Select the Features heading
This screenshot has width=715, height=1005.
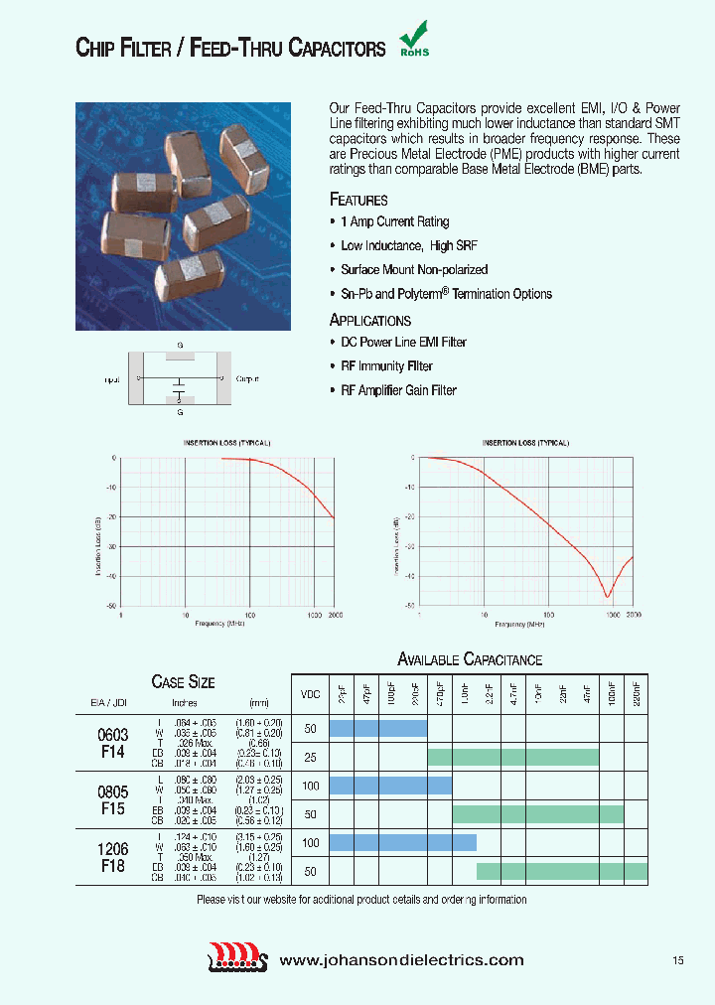(x=357, y=200)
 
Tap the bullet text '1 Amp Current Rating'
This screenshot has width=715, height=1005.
(x=395, y=222)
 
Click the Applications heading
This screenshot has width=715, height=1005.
(x=369, y=320)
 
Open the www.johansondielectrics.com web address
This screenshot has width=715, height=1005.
(x=401, y=960)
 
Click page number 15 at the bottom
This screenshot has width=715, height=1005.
(x=677, y=960)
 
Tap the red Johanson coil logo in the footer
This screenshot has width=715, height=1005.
(x=238, y=959)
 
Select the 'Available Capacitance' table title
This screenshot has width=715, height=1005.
(x=470, y=659)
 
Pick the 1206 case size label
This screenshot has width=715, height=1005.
(x=113, y=850)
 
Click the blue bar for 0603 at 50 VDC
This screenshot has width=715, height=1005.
(x=377, y=728)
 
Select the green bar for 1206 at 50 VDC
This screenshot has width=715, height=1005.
(x=561, y=871)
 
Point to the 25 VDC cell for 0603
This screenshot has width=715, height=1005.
(x=310, y=757)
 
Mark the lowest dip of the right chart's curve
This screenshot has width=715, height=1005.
(x=608, y=597)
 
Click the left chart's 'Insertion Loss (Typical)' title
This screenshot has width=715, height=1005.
(x=226, y=442)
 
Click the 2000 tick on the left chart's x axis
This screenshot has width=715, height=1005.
(x=335, y=616)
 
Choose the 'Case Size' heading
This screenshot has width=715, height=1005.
(x=183, y=681)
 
